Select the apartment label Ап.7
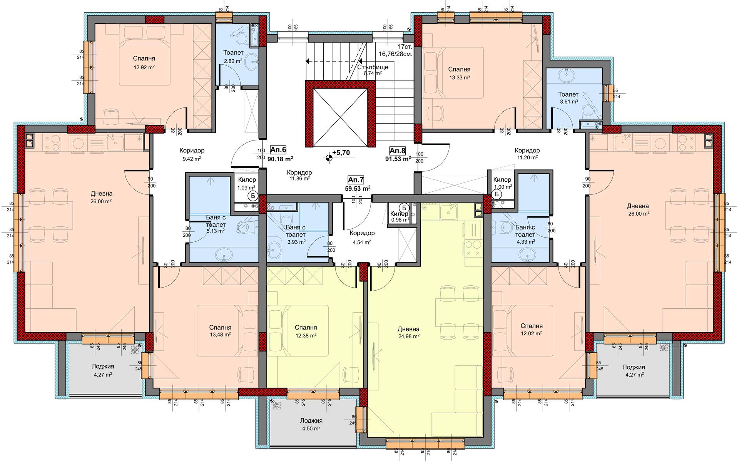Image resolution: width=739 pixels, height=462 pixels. click(356, 180)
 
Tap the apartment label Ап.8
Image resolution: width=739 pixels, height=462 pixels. click(398, 150)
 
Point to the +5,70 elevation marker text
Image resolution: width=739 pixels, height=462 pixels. click(341, 153)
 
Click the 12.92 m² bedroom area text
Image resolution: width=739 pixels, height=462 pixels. click(144, 67)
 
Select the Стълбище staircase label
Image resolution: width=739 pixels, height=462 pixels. click(372, 67)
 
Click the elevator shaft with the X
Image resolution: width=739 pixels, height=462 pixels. click(340, 117)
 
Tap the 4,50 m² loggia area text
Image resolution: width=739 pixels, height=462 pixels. click(311, 428)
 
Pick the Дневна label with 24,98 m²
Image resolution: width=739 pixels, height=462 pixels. click(408, 329)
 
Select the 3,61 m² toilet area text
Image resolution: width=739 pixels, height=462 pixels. click(568, 102)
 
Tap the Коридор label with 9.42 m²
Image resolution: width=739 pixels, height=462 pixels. click(192, 151)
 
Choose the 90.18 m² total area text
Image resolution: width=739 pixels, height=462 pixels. click(280, 158)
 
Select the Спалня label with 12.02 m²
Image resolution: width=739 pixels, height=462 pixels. click(532, 326)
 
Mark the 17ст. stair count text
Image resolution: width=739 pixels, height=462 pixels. click(405, 46)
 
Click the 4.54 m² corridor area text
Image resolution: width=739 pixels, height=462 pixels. click(362, 242)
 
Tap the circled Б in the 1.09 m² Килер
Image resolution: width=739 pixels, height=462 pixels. click(253, 196)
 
